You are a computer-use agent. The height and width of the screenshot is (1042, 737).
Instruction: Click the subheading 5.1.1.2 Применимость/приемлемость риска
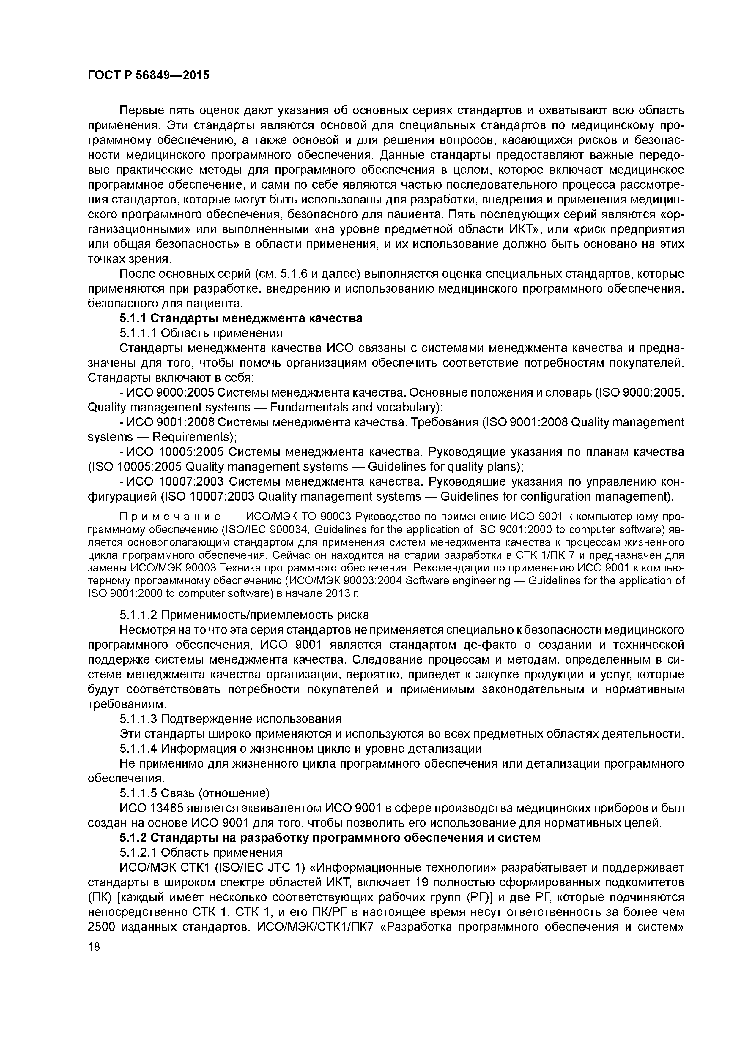tap(244, 615)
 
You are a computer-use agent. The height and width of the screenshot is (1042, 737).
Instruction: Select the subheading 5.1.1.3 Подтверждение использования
tap(230, 719)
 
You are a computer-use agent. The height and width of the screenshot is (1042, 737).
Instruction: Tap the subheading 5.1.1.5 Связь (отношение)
tap(194, 793)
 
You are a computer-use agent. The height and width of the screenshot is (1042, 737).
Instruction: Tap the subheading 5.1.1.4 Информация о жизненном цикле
tap(300, 748)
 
